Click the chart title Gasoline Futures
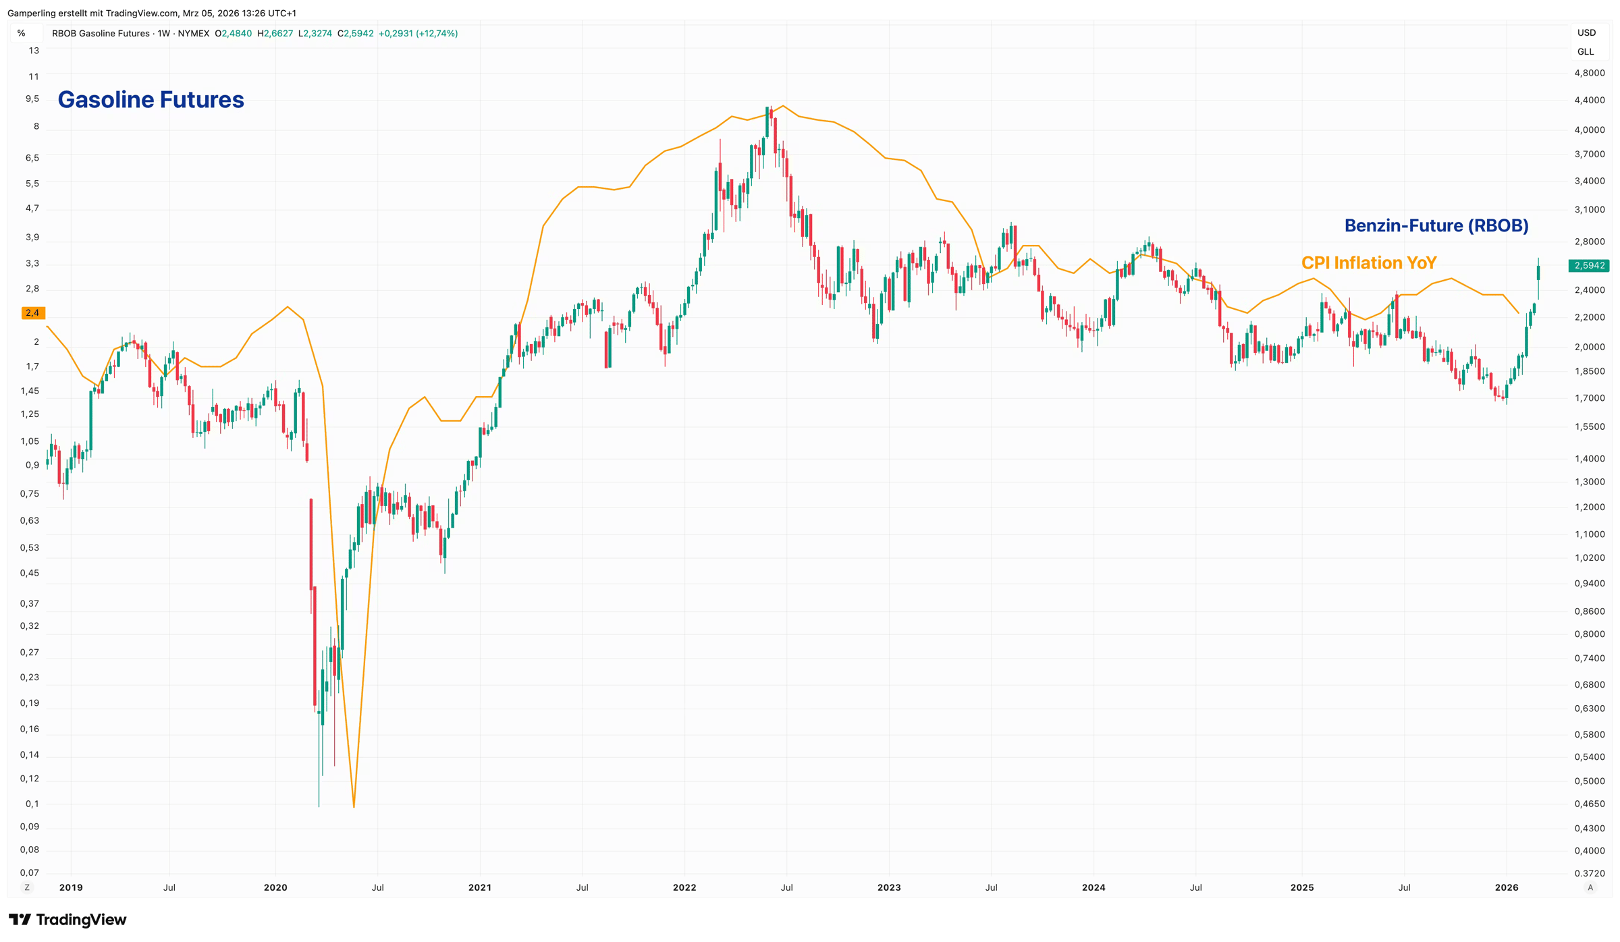pyautogui.click(x=151, y=100)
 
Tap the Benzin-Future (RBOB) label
pyautogui.click(x=1436, y=225)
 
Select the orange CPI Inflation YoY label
pyautogui.click(x=1368, y=262)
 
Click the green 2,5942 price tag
pyautogui.click(x=1589, y=266)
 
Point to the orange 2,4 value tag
pyautogui.click(x=32, y=313)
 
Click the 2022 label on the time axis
pyautogui.click(x=684, y=887)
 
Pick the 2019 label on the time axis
pyautogui.click(x=71, y=887)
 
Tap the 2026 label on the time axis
pyautogui.click(x=1507, y=887)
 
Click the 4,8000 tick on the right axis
pyautogui.click(x=1589, y=73)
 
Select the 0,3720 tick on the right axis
pyautogui.click(x=1589, y=873)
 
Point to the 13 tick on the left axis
pyautogui.click(x=34, y=51)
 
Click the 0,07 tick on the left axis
pyautogui.click(x=30, y=872)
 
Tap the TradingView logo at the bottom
pyautogui.click(x=67, y=920)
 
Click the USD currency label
pyautogui.click(x=1586, y=32)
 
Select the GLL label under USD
pyautogui.click(x=1586, y=52)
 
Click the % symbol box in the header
pyautogui.click(x=22, y=33)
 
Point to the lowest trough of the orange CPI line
pyautogui.click(x=354, y=805)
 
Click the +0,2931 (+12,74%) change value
pyautogui.click(x=418, y=33)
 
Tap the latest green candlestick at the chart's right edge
pyautogui.click(x=1538, y=273)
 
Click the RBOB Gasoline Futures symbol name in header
pyautogui.click(x=101, y=33)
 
